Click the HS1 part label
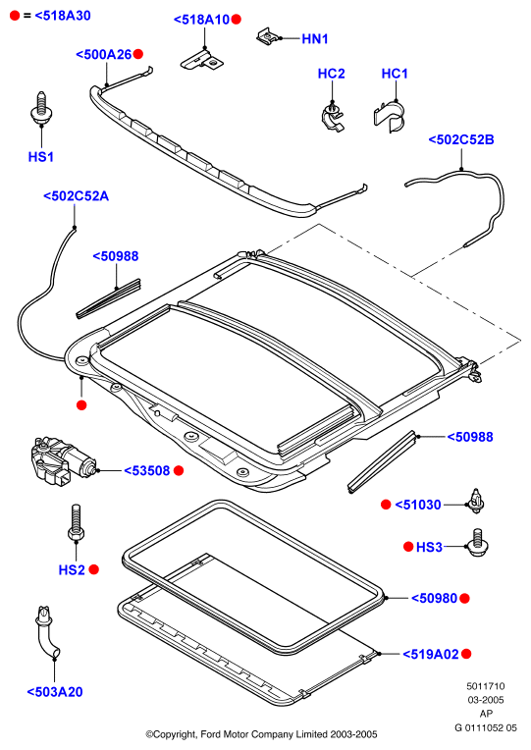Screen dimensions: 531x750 (x=40, y=157)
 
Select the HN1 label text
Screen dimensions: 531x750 (x=315, y=38)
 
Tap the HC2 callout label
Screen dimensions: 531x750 (x=331, y=74)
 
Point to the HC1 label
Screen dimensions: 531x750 (x=395, y=74)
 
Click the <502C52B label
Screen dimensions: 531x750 (x=461, y=139)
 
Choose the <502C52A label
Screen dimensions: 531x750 (x=76, y=196)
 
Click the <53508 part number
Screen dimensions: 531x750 (x=147, y=470)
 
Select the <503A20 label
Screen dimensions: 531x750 (x=55, y=692)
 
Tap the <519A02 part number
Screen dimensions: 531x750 (x=431, y=654)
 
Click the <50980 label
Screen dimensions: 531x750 (x=435, y=598)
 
